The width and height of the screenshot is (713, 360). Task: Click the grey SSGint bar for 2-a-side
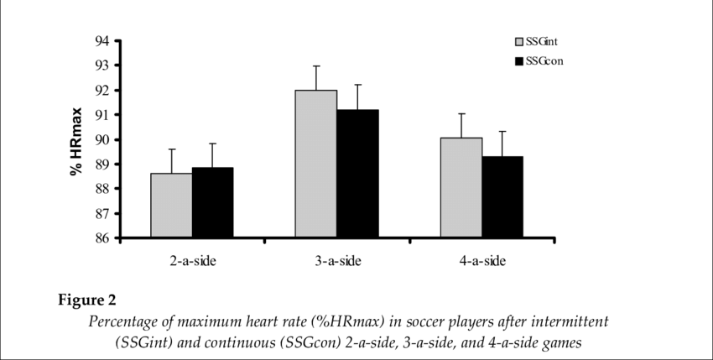click(x=171, y=206)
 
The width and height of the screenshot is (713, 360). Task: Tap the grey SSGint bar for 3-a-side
click(x=316, y=164)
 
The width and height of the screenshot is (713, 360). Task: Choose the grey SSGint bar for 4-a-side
click(x=461, y=188)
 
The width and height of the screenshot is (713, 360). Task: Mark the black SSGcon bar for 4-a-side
click(x=503, y=197)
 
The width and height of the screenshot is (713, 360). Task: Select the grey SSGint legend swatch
click(x=519, y=40)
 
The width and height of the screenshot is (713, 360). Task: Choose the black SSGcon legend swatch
click(x=519, y=60)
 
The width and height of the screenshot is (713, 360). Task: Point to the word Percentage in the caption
click(x=125, y=322)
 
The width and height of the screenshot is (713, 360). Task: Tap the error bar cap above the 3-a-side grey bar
click(x=316, y=65)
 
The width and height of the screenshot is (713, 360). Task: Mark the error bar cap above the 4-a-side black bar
click(x=503, y=131)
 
